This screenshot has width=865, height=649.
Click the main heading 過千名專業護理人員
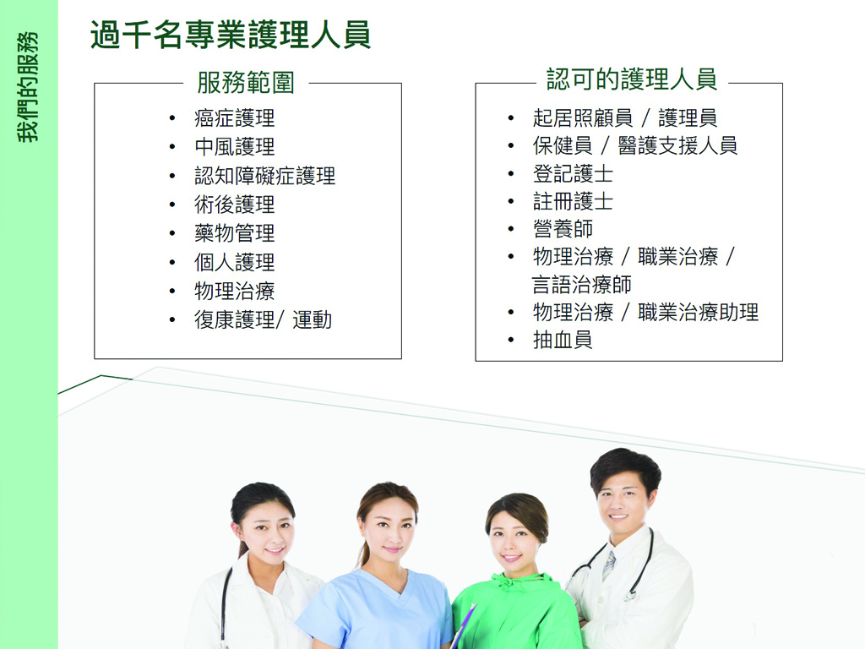pos(230,35)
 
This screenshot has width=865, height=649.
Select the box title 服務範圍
pos(246,83)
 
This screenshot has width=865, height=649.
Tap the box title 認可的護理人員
pos(632,79)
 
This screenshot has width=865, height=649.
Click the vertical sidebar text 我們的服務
pos(28,87)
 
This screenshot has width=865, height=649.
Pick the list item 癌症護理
pos(235,118)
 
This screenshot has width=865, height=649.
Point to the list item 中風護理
pos(235,147)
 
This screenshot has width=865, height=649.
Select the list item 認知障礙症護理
pos(264,176)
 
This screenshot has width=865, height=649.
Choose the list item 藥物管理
pos(235,233)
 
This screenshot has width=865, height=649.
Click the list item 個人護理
pos(235,262)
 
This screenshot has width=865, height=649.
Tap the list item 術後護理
pos(235,205)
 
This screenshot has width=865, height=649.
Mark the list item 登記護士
pos(574,174)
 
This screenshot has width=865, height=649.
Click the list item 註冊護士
pos(574,201)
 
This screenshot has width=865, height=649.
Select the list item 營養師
pos(563,229)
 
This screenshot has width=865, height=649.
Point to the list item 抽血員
pos(563,340)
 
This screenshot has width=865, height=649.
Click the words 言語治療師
pos(582,285)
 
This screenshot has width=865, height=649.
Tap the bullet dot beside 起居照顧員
pos(511,118)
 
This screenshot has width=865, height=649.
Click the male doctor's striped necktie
pos(609,565)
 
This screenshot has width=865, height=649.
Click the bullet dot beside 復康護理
pos(172,320)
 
